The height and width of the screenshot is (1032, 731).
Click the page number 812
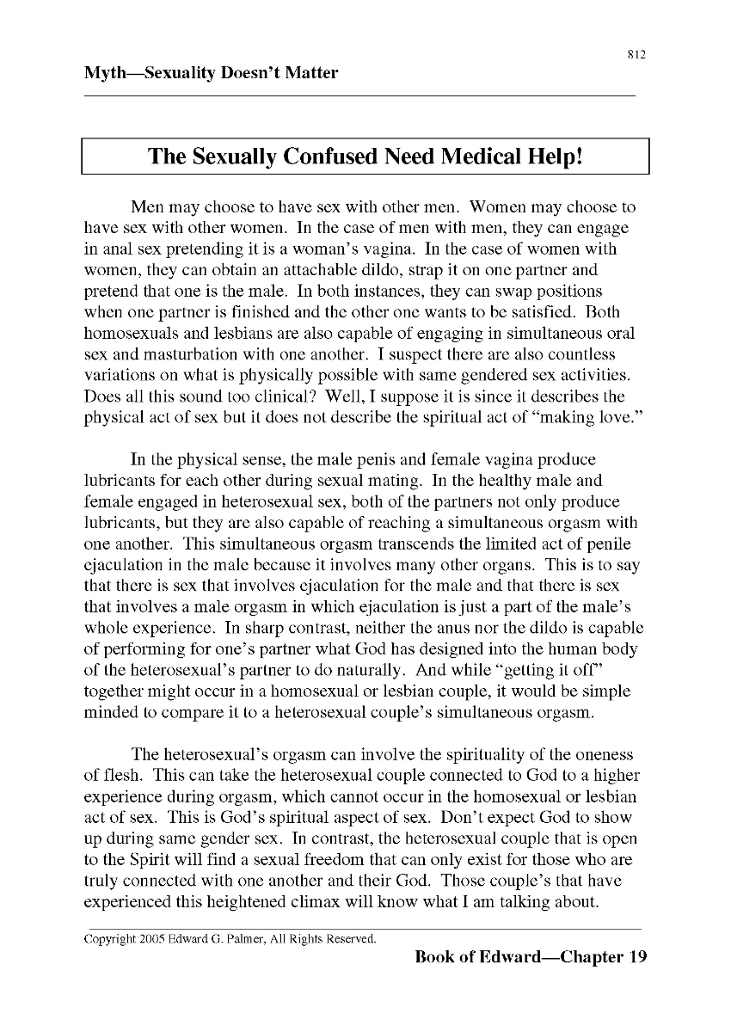[636, 55]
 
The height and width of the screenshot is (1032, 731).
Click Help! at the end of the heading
[553, 157]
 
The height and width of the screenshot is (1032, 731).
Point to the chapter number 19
[637, 957]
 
